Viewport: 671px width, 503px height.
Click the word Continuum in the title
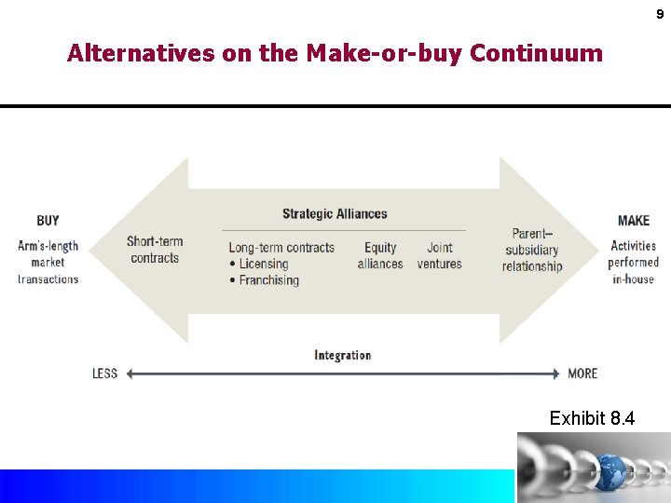pos(536,53)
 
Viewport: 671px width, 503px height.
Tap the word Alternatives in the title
pos(141,53)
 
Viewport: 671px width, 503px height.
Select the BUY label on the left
pos(48,221)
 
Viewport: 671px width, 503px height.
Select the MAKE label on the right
pos(634,221)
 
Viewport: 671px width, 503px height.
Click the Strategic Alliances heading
pos(335,214)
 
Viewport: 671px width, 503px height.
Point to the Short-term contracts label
pos(155,250)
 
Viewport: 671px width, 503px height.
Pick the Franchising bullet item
pos(268,280)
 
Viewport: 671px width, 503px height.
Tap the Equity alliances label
pos(380,255)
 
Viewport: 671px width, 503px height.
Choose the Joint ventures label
pos(440,255)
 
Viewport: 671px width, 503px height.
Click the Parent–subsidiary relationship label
pos(532,250)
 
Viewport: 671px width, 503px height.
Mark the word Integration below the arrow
pos(342,355)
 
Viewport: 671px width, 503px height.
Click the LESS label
pos(104,374)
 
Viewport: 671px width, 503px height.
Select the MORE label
pos(582,374)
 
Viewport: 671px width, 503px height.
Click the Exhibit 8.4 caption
pos(592,418)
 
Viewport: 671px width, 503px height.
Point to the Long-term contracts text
pos(281,248)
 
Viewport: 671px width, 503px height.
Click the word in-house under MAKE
pos(634,279)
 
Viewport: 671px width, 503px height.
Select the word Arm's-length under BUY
pos(48,246)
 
